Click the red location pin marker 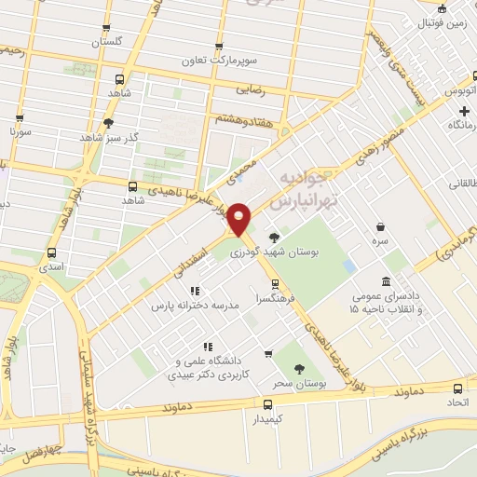(x=240, y=219)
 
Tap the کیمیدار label (x=268, y=421)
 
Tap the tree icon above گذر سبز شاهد (x=109, y=123)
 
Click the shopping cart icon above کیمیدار (x=268, y=404)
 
